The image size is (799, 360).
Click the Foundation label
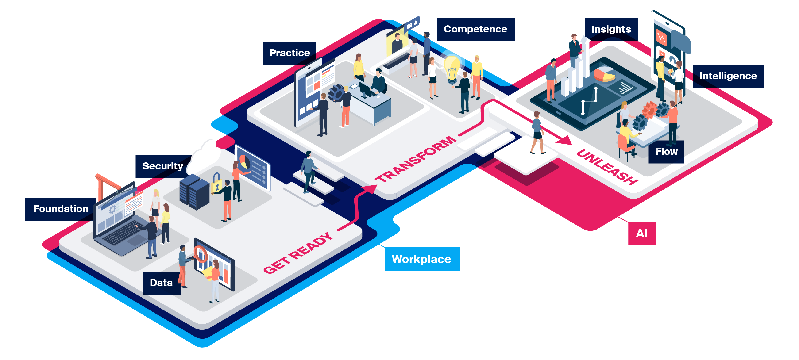[61, 209]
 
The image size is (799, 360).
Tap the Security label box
[162, 166]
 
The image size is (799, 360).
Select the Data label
[161, 283]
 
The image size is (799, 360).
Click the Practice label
[289, 53]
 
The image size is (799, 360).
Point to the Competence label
[475, 29]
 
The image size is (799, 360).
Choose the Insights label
[611, 29]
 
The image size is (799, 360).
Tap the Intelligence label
[728, 76]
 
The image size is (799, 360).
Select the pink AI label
[641, 233]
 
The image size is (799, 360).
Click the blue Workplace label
[422, 259]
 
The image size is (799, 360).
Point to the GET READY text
[298, 253]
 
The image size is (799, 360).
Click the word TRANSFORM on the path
[416, 159]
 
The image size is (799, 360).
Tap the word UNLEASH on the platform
[606, 167]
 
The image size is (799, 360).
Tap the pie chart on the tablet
[604, 74]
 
